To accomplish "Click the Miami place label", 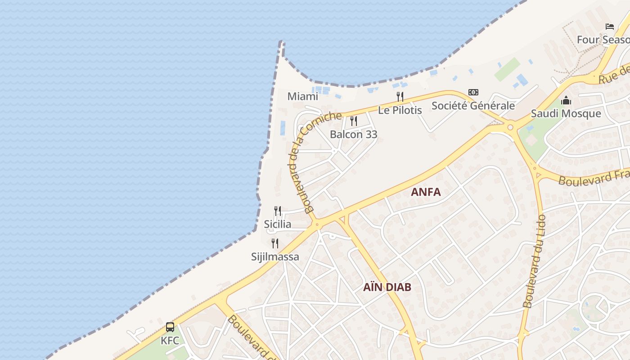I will tap(302, 96).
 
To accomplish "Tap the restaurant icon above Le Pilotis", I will tap(400, 96).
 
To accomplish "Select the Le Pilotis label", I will tap(400, 110).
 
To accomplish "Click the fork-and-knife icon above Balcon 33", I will tap(354, 121).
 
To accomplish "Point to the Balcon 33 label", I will tap(353, 134).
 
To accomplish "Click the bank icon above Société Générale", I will tap(473, 92).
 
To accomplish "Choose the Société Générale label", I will tap(473, 106).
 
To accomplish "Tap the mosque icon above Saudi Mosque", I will tap(566, 100).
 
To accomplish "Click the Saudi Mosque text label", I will tap(566, 113).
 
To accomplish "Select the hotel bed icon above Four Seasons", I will tap(610, 27).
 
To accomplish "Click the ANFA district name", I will tap(425, 192).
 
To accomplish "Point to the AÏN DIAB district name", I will tap(387, 287).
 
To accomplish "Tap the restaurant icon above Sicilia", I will tap(278, 211).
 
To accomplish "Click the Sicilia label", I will tap(277, 224).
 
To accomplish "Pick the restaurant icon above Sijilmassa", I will tap(275, 243).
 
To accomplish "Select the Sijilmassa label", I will tap(275, 257).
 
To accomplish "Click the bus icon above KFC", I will tap(170, 327).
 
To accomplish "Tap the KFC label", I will tap(170, 341).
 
